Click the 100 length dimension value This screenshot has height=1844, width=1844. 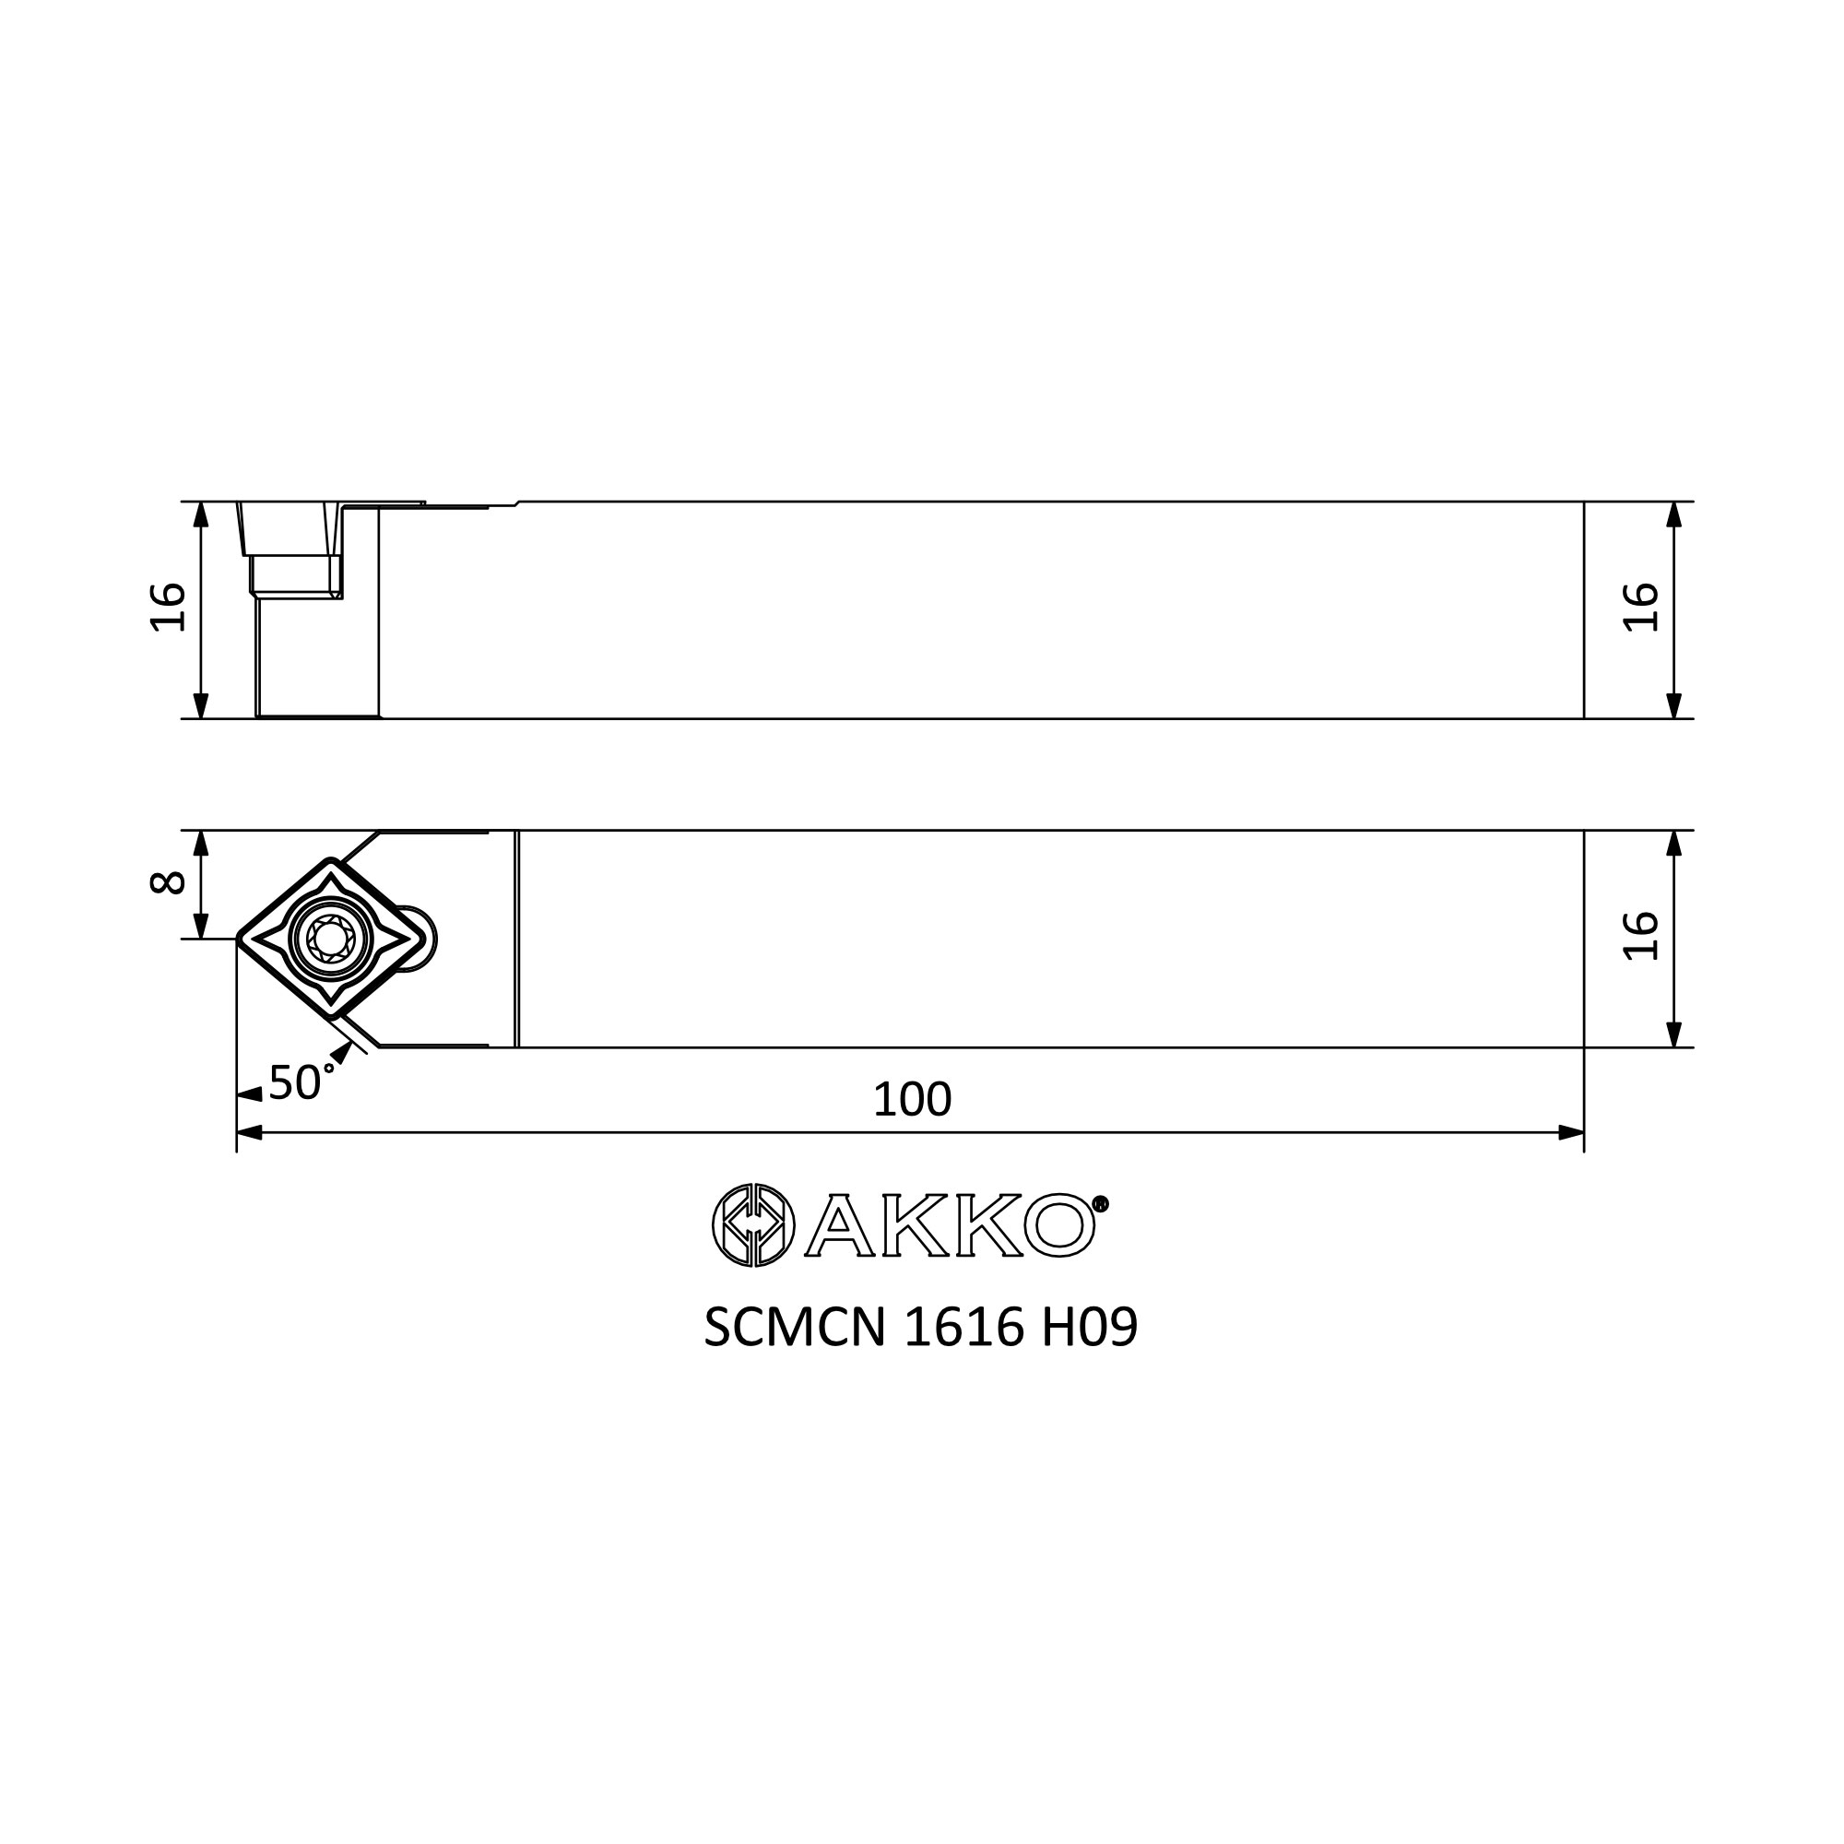[912, 1101]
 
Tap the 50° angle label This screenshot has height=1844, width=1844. [301, 1082]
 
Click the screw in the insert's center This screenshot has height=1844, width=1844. [329, 940]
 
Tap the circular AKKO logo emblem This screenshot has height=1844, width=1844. [753, 1225]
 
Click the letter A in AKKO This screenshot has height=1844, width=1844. [839, 1225]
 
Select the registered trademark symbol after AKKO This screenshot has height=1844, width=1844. [1100, 1203]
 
